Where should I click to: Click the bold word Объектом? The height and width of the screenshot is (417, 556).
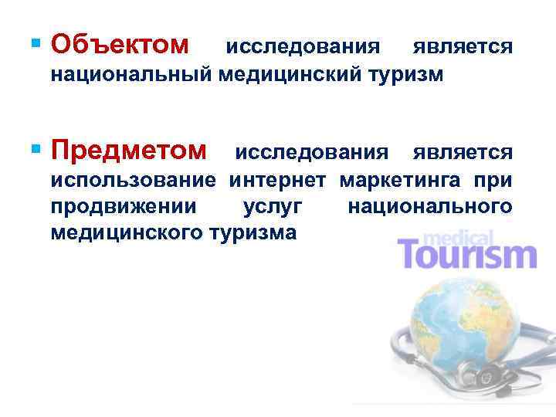pyautogui.click(x=120, y=46)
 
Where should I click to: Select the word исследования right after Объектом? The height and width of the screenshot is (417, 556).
pyautogui.click(x=302, y=48)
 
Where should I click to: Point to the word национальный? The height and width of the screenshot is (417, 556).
pyautogui.click(x=131, y=76)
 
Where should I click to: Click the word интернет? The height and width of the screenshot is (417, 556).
pyautogui.click(x=280, y=181)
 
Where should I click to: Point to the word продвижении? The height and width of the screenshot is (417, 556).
pyautogui.click(x=124, y=206)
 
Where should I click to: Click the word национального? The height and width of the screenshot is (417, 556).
pyautogui.click(x=429, y=206)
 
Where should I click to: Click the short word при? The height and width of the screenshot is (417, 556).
pyautogui.click(x=493, y=181)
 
